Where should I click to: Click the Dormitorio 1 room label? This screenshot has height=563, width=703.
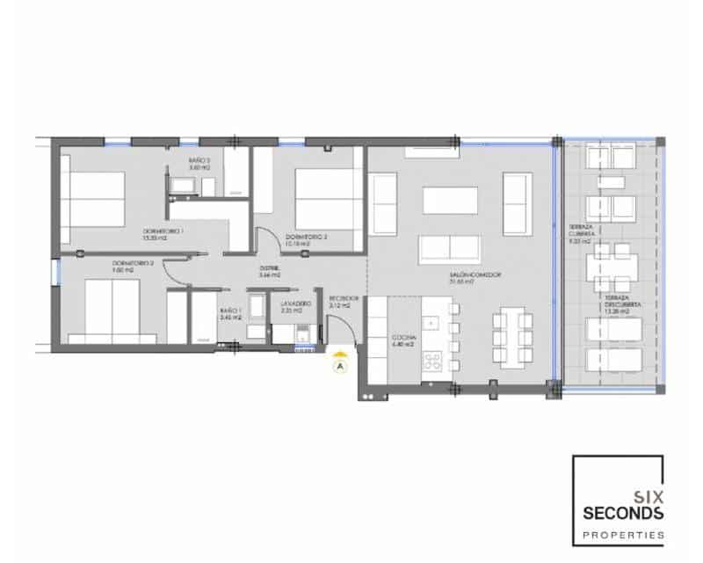(163, 232)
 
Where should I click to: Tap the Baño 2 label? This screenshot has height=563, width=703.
(199, 162)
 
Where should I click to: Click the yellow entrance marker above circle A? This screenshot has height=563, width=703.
(340, 354)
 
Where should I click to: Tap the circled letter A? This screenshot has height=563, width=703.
(340, 366)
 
